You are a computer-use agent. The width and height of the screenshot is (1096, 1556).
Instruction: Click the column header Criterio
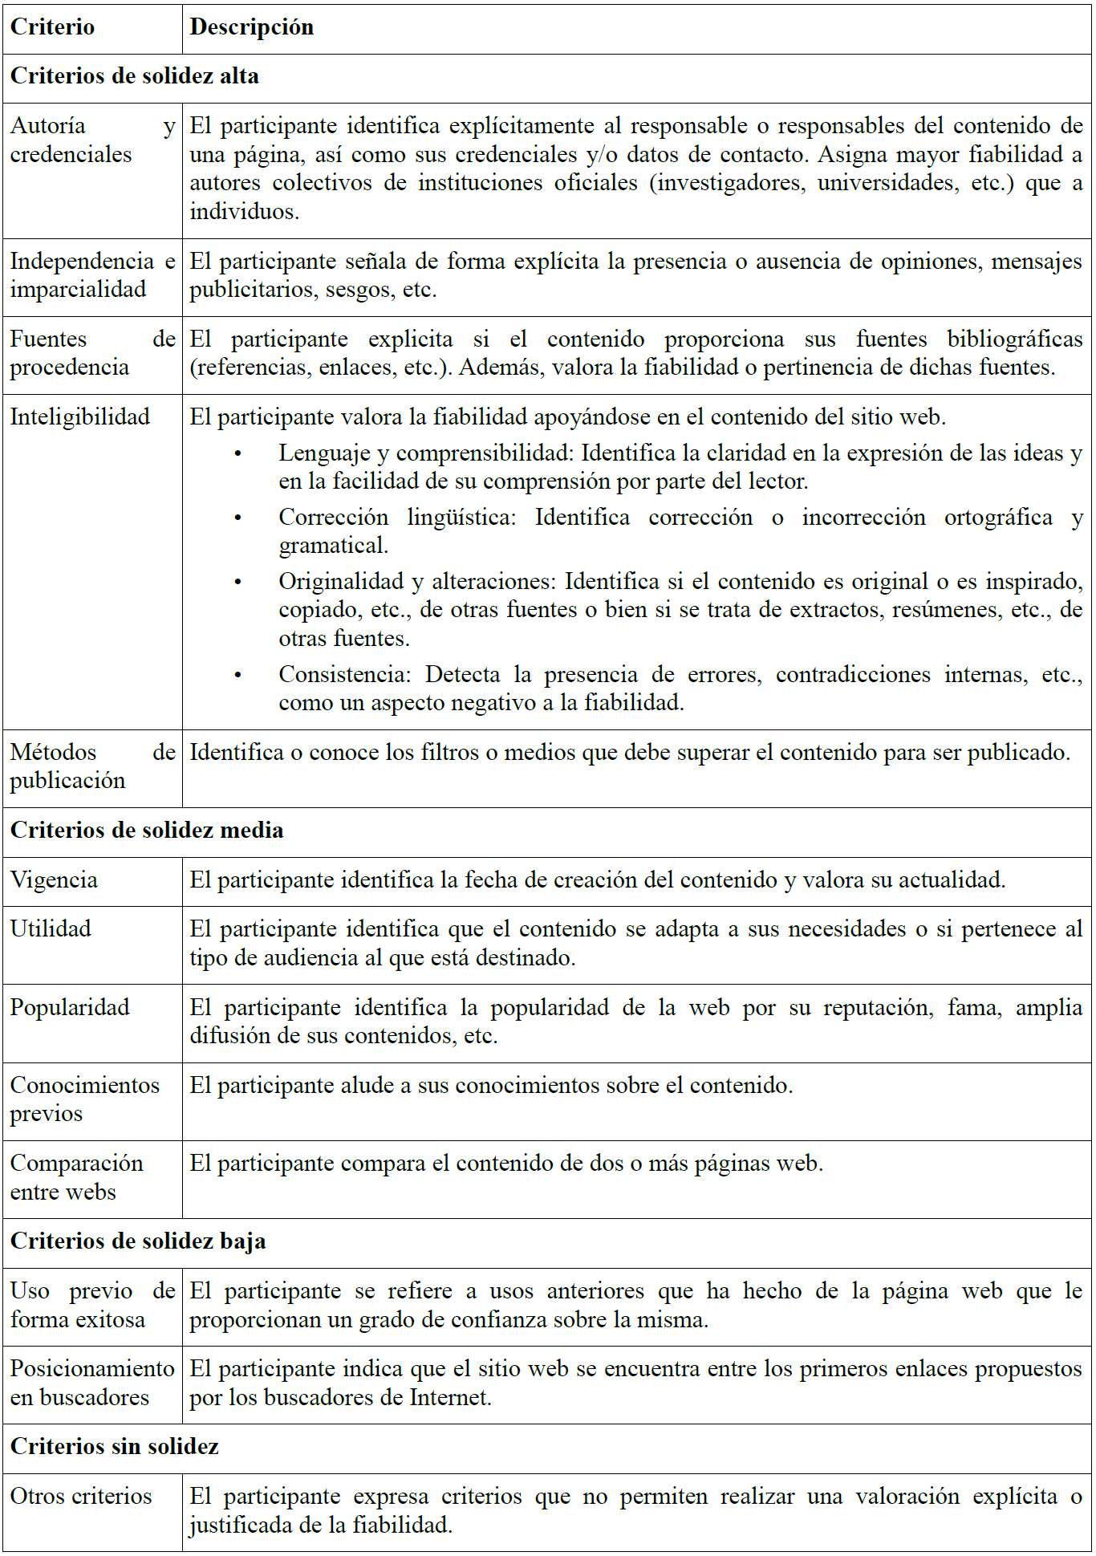[52, 27]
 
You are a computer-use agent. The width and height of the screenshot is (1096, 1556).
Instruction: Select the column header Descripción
[251, 27]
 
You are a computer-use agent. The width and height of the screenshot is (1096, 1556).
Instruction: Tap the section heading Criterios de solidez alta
[134, 76]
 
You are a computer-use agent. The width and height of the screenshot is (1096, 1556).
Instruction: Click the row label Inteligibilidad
[79, 416]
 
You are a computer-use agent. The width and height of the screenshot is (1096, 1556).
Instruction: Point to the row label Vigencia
[54, 880]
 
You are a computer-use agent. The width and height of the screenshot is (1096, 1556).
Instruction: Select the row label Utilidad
[51, 928]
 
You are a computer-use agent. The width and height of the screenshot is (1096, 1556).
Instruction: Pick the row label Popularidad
[70, 1007]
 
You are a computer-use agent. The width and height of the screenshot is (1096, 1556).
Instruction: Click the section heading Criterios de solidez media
[147, 830]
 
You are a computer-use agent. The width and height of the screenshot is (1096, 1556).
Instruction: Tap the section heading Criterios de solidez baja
[137, 1241]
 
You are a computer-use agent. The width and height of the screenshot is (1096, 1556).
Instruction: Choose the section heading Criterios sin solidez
[114, 1446]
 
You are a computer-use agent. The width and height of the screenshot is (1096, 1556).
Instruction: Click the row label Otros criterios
[80, 1496]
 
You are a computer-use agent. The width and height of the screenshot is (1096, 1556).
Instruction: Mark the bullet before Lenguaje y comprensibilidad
[237, 454]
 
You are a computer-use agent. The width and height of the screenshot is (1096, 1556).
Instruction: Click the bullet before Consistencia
[237, 676]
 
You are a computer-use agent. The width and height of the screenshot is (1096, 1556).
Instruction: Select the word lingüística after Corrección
[461, 517]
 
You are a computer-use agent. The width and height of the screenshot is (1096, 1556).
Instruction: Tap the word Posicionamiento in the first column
[91, 1368]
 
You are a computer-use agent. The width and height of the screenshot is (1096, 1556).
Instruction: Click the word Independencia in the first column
[82, 261]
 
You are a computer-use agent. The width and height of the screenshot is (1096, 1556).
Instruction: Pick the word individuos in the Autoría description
[243, 212]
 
